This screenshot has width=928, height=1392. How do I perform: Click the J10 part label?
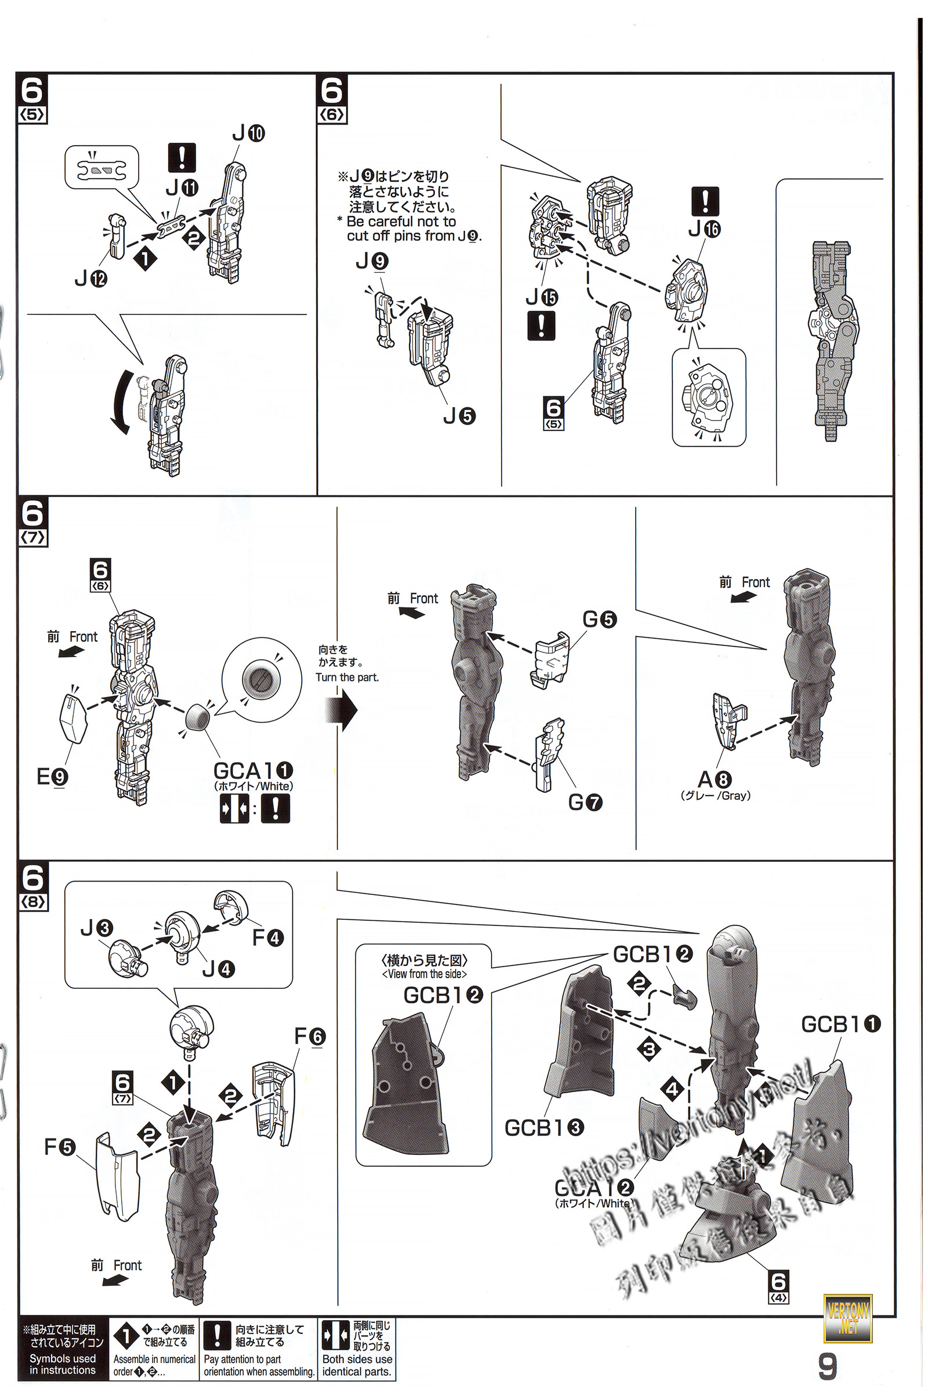tap(249, 133)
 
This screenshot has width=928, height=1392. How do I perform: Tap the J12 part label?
tap(90, 278)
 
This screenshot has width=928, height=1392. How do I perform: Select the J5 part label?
tap(459, 416)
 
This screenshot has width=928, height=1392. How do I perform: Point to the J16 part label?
tap(704, 229)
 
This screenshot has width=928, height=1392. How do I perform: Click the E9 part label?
tap(52, 777)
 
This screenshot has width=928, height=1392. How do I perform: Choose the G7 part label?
tap(585, 803)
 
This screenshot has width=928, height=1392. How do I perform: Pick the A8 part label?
tap(715, 780)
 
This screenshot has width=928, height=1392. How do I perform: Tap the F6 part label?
tap(310, 1036)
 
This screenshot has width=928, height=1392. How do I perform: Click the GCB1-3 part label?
tap(544, 1127)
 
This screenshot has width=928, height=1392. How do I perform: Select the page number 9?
tap(828, 1366)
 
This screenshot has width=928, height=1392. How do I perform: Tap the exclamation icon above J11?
tap(182, 157)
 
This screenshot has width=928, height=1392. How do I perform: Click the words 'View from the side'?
tap(425, 974)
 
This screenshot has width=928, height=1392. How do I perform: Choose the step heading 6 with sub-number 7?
tap(32, 521)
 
